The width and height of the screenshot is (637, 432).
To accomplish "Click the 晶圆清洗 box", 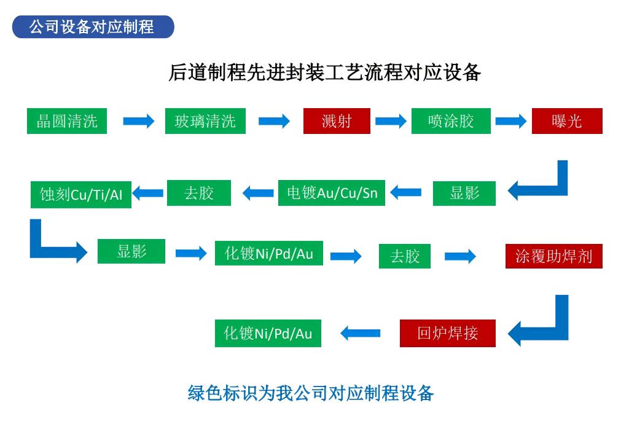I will click(x=67, y=121).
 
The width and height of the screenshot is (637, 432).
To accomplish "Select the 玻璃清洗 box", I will click(x=205, y=121).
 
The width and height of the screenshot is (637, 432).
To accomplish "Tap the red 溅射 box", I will click(x=337, y=121).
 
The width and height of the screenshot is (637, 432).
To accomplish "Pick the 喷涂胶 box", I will click(x=451, y=121).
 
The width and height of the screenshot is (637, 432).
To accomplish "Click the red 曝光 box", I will click(x=566, y=121).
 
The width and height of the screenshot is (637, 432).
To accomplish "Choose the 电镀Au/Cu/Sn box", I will click(x=332, y=193).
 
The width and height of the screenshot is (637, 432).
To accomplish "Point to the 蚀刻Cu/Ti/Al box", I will click(x=81, y=195).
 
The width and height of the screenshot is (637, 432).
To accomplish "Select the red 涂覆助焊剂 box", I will click(x=553, y=256).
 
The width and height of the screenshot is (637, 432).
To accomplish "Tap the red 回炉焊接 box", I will click(x=447, y=334).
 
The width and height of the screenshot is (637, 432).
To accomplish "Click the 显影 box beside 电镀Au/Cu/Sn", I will click(x=464, y=193).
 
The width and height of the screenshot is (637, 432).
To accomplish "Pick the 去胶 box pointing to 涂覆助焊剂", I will click(x=404, y=256).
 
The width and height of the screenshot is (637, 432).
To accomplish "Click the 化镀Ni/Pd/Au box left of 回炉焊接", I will click(x=268, y=334).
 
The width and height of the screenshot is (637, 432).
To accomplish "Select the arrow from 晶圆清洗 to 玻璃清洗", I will click(x=138, y=121).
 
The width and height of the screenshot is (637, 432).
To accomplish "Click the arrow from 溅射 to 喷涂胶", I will click(x=391, y=121).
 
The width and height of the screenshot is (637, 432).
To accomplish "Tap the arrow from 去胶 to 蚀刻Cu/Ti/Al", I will click(x=148, y=193).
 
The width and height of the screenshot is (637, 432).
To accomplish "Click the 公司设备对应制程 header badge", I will click(x=93, y=27).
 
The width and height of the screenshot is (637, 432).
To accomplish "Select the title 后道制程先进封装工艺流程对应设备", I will click(x=324, y=73).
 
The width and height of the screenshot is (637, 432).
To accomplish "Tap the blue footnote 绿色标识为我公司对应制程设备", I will click(x=311, y=393).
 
